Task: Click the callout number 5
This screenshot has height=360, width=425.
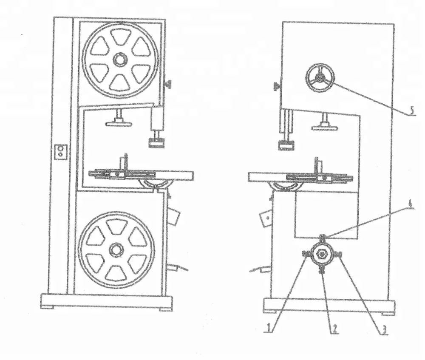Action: coord(411,111)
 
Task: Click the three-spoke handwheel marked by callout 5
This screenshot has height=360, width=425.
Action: coord(320,77)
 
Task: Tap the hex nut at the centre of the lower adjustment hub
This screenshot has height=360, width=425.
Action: coord(322,254)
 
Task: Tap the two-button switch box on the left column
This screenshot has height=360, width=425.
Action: coord(62,151)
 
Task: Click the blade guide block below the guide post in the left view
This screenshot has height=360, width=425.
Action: coord(156,142)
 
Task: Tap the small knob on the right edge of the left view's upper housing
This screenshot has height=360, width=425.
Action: coord(169,85)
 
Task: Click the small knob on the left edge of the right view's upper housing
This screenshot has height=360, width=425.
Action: coord(277,87)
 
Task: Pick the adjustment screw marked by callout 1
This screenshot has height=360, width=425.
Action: coord(306,254)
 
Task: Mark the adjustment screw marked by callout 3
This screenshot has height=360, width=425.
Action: coord(339,255)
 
